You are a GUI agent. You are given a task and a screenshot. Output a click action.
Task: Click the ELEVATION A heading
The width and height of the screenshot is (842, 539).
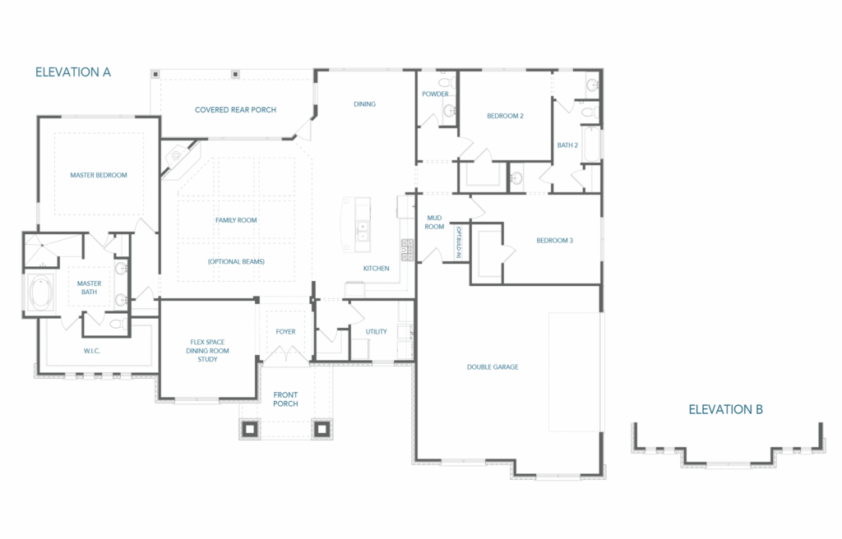tap(73, 72)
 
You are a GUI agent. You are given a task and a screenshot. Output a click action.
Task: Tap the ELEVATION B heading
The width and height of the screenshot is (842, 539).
tap(725, 410)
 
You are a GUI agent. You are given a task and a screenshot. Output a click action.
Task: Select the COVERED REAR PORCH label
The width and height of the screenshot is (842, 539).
tap(235, 109)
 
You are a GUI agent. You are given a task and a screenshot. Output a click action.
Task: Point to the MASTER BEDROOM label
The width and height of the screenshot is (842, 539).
tap(99, 175)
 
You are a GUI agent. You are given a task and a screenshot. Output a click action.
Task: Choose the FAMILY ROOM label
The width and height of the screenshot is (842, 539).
tap(236, 220)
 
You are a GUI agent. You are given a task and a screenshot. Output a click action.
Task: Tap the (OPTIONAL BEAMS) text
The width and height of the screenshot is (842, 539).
tap(236, 261)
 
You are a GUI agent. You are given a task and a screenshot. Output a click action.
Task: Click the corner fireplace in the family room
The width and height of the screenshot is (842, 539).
tap(178, 158)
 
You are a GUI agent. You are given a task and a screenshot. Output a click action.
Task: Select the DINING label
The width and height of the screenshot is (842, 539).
tap(364, 104)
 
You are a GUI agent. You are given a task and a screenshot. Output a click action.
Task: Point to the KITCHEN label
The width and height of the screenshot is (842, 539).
tap(376, 269)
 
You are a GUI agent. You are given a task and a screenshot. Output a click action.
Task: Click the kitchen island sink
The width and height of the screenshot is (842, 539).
tap(363, 231)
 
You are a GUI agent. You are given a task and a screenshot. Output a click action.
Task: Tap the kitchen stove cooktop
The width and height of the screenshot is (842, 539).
tap(407, 250)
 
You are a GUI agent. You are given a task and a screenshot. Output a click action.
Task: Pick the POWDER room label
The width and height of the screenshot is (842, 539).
tap(435, 94)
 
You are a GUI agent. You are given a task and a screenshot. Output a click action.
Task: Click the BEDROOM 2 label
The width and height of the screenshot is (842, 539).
tap(505, 116)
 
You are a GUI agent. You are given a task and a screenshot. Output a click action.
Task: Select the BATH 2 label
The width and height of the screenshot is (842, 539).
tap(567, 145)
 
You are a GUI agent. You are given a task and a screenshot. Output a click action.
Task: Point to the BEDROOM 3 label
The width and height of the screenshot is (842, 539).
tap(555, 241)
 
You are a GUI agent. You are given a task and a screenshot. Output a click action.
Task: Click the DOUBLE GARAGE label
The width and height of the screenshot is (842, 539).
tap(493, 367)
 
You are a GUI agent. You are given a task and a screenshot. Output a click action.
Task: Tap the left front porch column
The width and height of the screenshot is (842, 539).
tap(250, 429)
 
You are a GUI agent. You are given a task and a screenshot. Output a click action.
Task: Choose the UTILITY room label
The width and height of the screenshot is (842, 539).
tap(376, 332)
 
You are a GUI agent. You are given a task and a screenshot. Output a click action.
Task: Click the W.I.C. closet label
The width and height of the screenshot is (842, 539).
tap(92, 351)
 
